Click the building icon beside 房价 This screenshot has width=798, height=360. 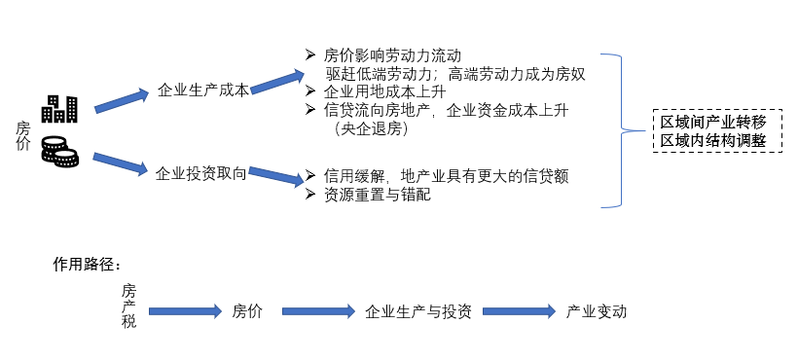coord(60,107)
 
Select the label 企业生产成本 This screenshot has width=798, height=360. coord(203,90)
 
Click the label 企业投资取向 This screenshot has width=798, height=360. coord(201,173)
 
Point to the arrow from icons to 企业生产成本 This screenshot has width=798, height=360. coord(123,99)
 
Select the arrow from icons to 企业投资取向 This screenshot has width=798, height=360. coord(121,162)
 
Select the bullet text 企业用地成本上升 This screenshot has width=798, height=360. coord(385,91)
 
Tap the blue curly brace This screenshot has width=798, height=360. coord(615,129)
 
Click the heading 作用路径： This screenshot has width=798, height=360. coord(92,265)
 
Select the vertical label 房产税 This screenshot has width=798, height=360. coord(128,305)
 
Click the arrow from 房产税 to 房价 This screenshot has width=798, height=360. coord(186,312)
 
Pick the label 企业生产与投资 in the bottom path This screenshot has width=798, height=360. coord(418,312)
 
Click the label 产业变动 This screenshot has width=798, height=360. coord(597,312)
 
